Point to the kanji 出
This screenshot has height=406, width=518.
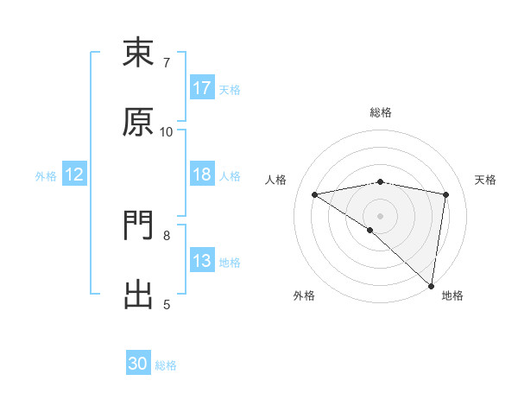pos(139,295)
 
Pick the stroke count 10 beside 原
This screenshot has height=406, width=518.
pos(167,131)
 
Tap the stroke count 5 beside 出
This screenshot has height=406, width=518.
pos(167,304)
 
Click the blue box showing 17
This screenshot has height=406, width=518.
pos(202,88)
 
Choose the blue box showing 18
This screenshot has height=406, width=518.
pos(202,174)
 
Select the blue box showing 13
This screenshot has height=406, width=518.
pos(202,261)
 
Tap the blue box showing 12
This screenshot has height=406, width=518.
pos(74,174)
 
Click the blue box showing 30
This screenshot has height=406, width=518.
pos(138,364)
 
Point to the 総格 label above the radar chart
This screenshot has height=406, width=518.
pos(381,112)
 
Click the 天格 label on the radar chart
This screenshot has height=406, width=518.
pos(485,180)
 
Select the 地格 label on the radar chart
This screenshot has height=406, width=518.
pos(452,296)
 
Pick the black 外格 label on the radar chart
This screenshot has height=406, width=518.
pos(304,296)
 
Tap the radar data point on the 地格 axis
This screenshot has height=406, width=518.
pos(431,285)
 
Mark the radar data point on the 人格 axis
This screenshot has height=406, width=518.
pos(315,194)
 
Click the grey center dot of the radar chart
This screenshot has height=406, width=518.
pos(380,214)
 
